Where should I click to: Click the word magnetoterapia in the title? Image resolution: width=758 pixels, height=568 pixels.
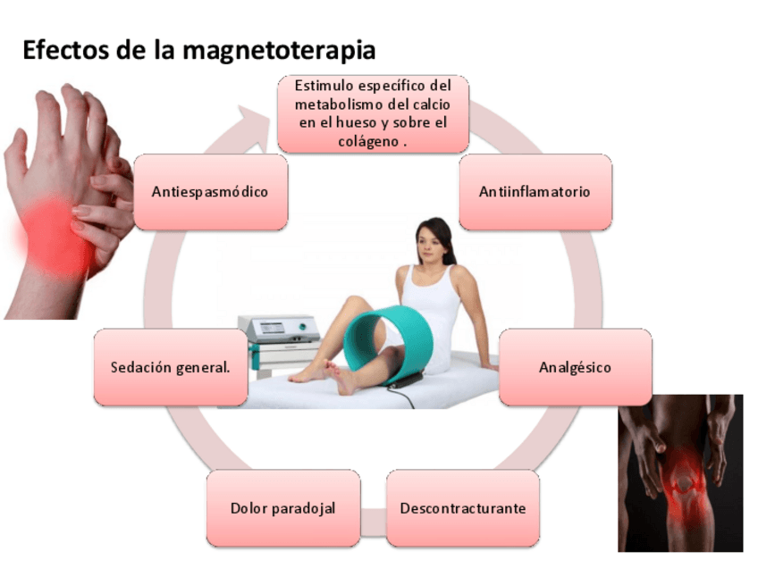[278, 49]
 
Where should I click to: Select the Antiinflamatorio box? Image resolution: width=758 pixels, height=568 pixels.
[535, 192]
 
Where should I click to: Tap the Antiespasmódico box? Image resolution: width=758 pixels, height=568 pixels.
[210, 192]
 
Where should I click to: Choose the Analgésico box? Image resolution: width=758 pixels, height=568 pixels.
[575, 367]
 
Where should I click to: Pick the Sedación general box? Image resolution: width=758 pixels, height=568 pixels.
[170, 367]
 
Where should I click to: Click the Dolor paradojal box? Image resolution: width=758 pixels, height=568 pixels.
[282, 508]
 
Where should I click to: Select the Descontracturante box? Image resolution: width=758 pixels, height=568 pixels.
[462, 508]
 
